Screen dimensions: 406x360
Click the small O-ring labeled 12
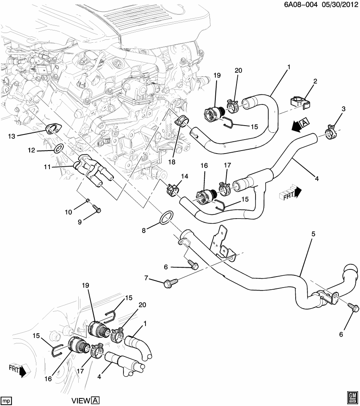click(x=59, y=148)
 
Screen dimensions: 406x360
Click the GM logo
click(x=352, y=397)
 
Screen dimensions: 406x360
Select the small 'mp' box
click(x=6, y=400)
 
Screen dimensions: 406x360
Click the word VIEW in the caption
click(x=80, y=401)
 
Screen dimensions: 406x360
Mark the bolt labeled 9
click(x=96, y=208)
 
